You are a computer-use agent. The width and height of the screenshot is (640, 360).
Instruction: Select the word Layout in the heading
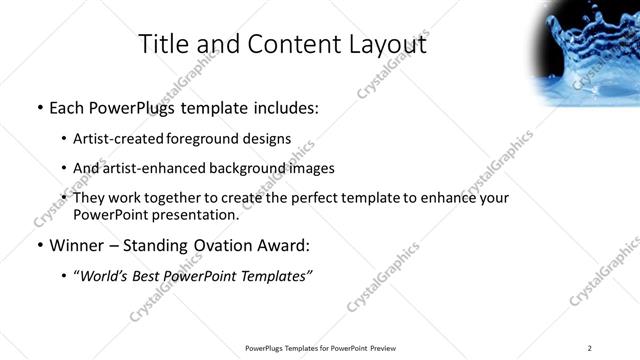click(388, 44)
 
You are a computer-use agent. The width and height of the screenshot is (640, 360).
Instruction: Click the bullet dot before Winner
click(39, 246)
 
